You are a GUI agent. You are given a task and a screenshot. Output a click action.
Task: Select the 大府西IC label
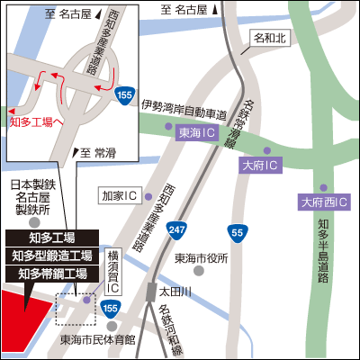coord(324,202)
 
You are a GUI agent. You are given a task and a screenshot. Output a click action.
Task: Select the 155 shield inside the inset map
coord(125,94)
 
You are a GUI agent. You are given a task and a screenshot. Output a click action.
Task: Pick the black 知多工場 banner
coord(51,238)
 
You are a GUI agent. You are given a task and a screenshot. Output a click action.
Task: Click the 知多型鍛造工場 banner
coord(51,256)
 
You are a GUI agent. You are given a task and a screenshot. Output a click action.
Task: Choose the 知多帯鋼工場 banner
coord(51,274)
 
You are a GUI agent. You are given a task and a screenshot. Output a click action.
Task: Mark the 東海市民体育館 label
coord(97,338)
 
